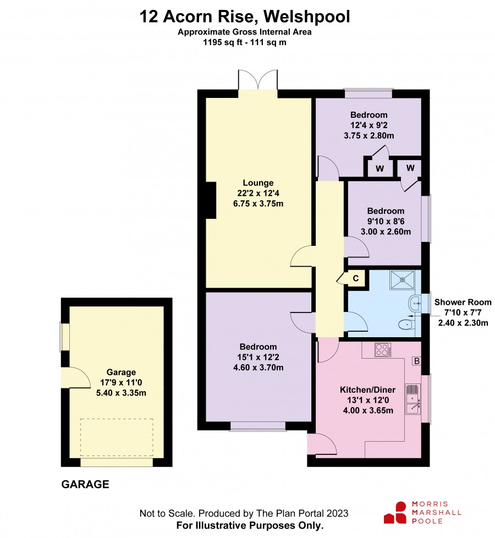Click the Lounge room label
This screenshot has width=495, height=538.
[x=258, y=183]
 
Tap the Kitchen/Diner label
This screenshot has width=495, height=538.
[x=367, y=390]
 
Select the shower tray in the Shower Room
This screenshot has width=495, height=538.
[x=402, y=280]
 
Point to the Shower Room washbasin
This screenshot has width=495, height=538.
[x=414, y=304]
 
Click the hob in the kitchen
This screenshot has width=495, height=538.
[x=382, y=350]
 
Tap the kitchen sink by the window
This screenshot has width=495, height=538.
[x=413, y=399]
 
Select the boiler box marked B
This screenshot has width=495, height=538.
[x=416, y=361]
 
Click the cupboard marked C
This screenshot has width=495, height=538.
[x=356, y=278]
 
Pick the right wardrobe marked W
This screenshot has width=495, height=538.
[x=410, y=168]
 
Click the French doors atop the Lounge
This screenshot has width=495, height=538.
[x=257, y=80]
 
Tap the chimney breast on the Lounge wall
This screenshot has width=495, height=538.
[x=211, y=200]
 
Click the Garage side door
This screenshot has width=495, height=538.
[x=75, y=377]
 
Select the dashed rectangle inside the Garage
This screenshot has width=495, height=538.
[x=117, y=437]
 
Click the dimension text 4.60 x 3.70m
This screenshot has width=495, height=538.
[x=258, y=367]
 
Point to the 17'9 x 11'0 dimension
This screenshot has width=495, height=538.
[x=121, y=382]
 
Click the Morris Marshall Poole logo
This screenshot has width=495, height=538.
[x=422, y=513]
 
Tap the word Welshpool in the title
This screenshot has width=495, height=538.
[x=307, y=16]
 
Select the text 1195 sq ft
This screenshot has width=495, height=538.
[x=223, y=42]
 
